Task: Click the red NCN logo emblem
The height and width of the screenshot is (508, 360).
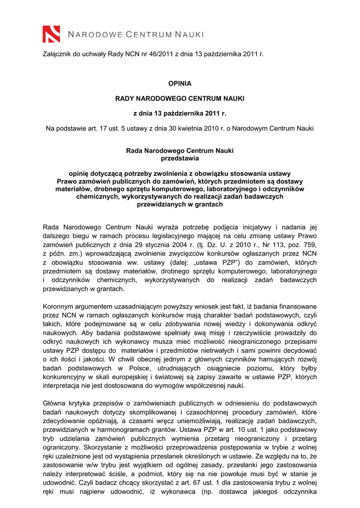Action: (52, 34)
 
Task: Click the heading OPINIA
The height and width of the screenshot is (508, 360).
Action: (180, 84)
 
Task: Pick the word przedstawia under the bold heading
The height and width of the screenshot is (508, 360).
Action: (180, 158)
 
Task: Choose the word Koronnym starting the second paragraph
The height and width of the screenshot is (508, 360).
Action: (59, 307)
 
